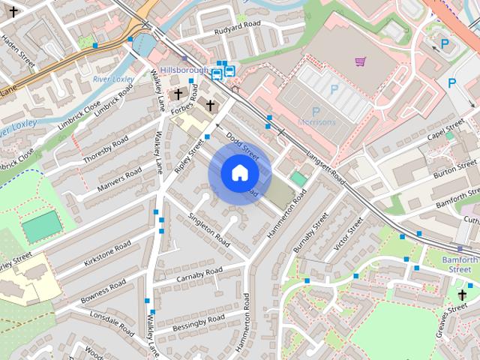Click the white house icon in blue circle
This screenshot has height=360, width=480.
pyautogui.click(x=239, y=172)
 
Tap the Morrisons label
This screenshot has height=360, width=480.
pyautogui.click(x=318, y=122)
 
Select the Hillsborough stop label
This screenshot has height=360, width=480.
pyautogui.click(x=184, y=70)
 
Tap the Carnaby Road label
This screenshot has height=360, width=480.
pyautogui.click(x=199, y=275)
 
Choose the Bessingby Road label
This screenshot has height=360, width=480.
pyautogui.click(x=198, y=323)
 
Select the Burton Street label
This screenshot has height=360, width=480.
pyautogui.click(x=455, y=169)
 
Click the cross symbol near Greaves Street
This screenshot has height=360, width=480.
pyautogui.click(x=463, y=294)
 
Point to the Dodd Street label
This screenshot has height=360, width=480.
pyautogui.click(x=242, y=147)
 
